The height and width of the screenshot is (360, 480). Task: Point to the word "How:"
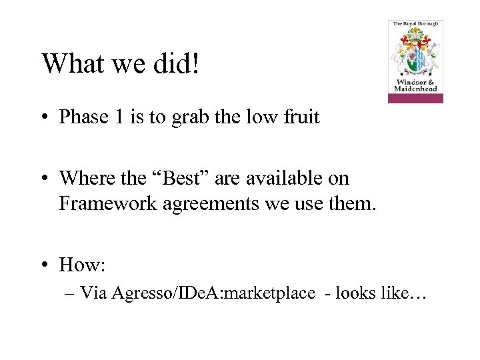tap(82, 265)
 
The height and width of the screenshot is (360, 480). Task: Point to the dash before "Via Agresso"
tap(71, 293)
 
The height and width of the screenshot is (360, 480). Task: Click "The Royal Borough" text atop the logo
tap(415, 24)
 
